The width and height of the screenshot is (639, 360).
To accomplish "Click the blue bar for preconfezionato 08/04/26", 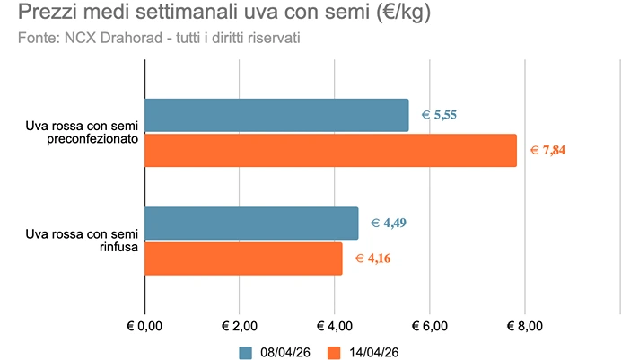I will pyautogui.click(x=276, y=115).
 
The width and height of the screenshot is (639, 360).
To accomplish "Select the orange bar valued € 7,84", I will pyautogui.click(x=330, y=150).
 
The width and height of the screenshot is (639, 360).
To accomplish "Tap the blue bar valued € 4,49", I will pyautogui.click(x=251, y=223).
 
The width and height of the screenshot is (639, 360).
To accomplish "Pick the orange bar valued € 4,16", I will pyautogui.click(x=243, y=259).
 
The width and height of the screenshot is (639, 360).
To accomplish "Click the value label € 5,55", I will pyautogui.click(x=441, y=115).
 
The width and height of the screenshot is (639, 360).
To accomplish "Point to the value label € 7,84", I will pyautogui.click(x=547, y=150).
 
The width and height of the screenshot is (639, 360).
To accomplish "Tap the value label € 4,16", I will pyautogui.click(x=373, y=259).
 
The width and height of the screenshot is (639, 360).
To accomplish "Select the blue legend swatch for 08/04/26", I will pyautogui.click(x=246, y=351).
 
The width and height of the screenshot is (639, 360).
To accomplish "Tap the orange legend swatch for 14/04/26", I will pyautogui.click(x=336, y=351).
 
